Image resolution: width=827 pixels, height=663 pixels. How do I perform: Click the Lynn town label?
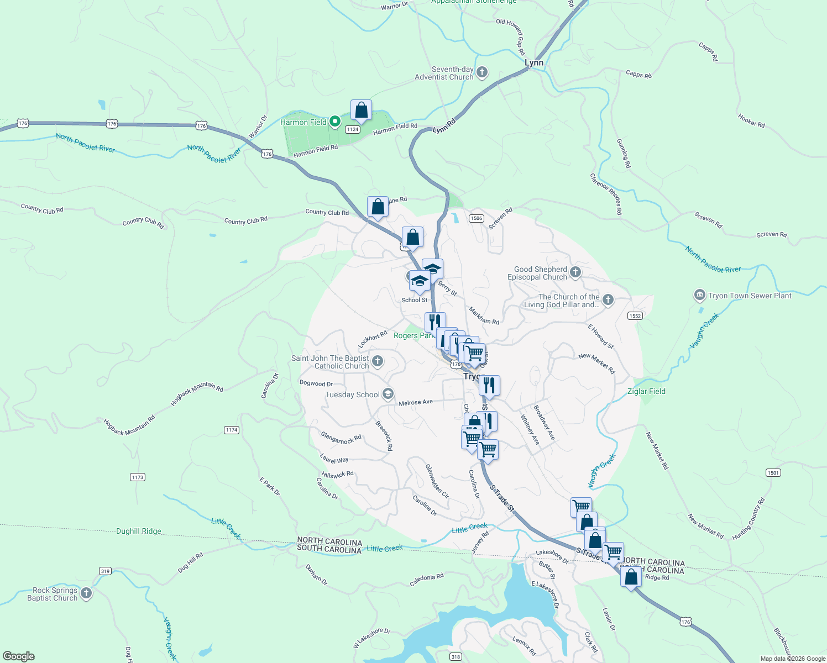[533, 63]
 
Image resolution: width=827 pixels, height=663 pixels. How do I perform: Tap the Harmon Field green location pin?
[334, 122]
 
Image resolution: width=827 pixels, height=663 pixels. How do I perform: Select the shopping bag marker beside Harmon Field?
[361, 110]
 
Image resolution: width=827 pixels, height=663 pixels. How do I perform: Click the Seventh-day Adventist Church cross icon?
[482, 72]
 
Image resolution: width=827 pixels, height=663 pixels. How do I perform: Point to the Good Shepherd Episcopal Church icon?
[575, 272]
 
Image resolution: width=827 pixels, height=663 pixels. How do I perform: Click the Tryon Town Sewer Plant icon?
[700, 295]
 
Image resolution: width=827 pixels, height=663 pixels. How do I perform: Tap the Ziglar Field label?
[646, 391]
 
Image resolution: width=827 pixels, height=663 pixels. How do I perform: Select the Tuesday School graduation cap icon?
[388, 394]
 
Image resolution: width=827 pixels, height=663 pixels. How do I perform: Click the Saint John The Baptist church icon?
[378, 361]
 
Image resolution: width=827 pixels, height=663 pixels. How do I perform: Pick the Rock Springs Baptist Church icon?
[86, 593]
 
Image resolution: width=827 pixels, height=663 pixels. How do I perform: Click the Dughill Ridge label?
[139, 531]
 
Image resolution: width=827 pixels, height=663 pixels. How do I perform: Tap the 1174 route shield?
[231, 430]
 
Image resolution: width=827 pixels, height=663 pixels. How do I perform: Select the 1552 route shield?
[635, 316]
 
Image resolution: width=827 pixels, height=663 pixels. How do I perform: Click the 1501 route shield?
[773, 472]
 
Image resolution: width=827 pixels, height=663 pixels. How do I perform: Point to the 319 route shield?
[105, 571]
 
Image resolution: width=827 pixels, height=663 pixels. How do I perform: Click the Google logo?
[19, 656]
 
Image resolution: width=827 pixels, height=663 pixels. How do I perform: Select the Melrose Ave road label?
[416, 403]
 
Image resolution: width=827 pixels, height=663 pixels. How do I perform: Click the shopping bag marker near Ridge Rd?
[631, 577]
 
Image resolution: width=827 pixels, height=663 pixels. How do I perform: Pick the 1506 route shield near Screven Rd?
[477, 218]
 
